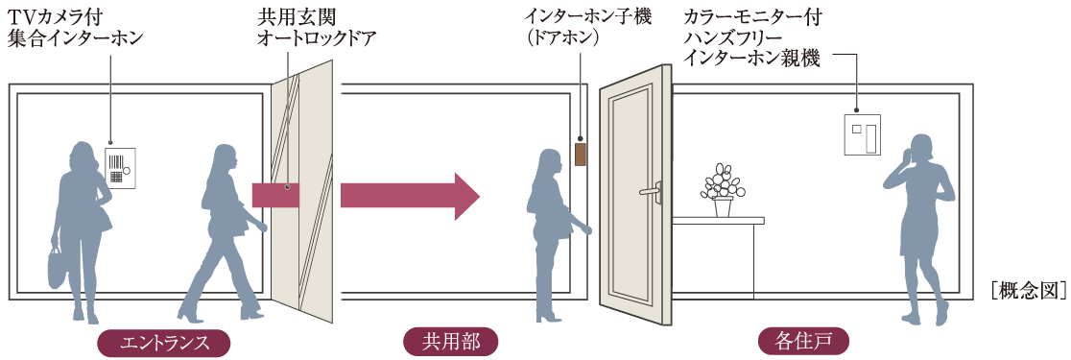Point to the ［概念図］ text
point(1028,291)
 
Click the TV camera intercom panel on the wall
point(121,166)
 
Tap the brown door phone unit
point(580,155)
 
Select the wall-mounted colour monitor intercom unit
point(860,134)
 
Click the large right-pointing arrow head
point(465,196)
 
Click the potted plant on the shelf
point(722,190)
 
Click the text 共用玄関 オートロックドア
point(317,29)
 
